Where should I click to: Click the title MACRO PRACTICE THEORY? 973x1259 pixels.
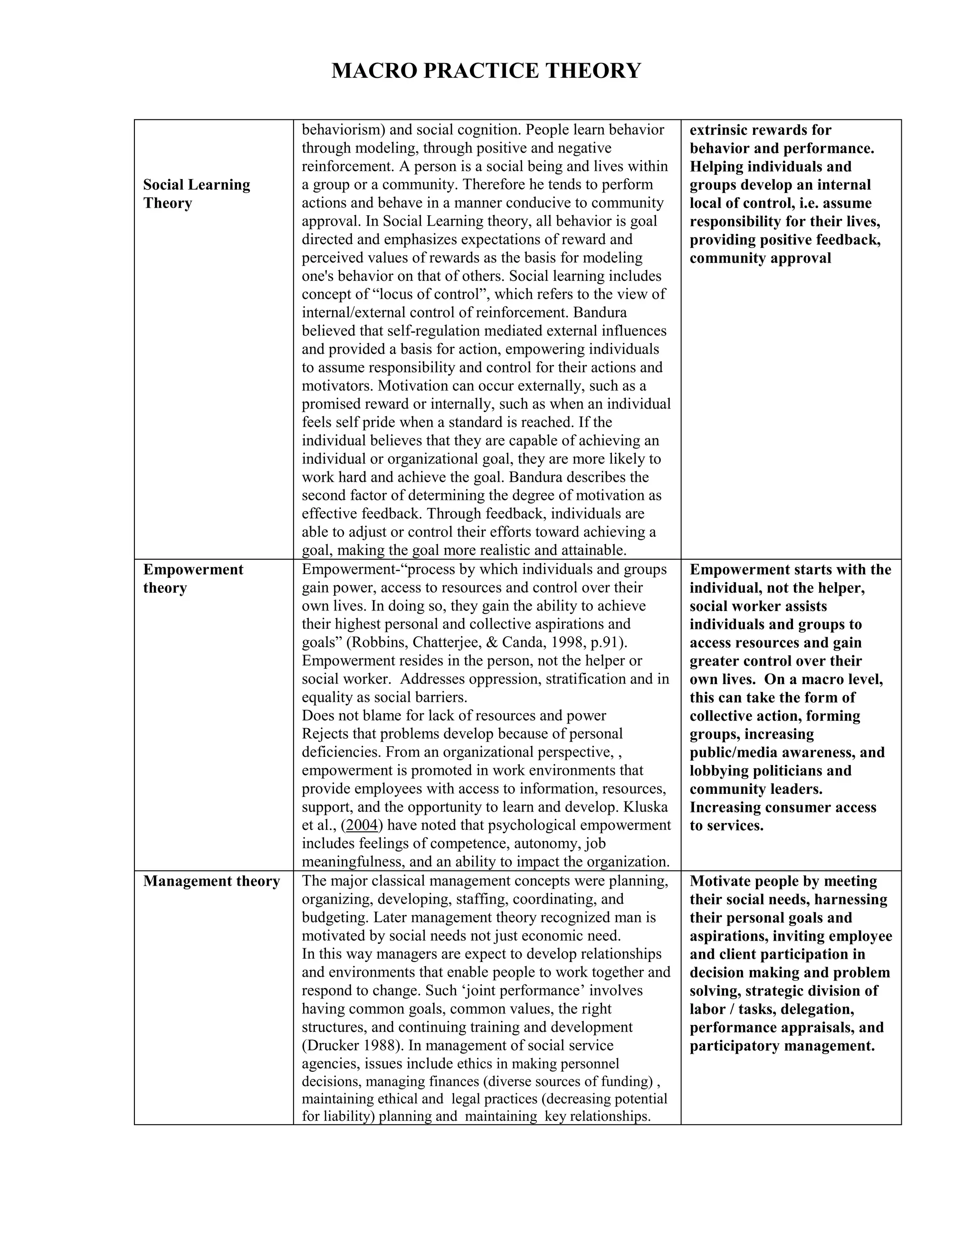click(x=486, y=70)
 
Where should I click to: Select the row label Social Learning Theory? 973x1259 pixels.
click(x=196, y=194)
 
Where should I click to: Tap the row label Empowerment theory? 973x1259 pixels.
click(x=192, y=578)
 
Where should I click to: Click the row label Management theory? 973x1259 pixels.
click(x=211, y=881)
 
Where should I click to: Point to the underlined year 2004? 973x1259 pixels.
click(x=362, y=825)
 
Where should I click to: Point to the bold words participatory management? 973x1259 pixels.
click(x=782, y=1045)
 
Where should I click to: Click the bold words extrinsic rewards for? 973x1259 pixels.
click(x=760, y=130)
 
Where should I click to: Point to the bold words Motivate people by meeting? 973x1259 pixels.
click(x=783, y=881)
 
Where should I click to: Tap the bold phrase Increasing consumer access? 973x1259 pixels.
click(x=782, y=807)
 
